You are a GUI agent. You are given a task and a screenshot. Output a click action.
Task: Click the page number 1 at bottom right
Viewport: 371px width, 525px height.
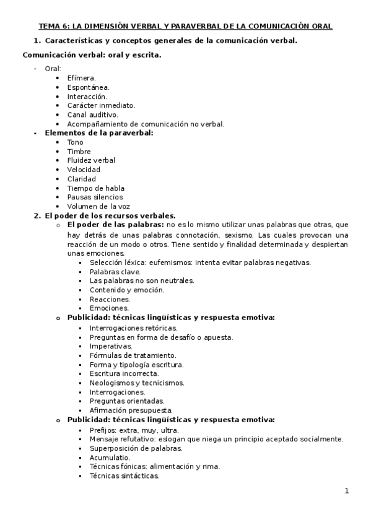click(347, 491)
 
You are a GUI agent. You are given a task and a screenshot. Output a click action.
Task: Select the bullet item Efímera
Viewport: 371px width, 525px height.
click(82, 78)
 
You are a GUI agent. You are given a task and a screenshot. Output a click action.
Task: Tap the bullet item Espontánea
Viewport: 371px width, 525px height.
click(88, 87)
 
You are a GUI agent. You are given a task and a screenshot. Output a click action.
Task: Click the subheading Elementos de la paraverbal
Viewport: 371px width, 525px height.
click(99, 133)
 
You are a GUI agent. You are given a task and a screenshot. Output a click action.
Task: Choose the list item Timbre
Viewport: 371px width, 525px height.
click(79, 152)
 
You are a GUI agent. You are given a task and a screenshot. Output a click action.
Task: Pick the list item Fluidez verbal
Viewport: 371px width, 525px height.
click(91, 160)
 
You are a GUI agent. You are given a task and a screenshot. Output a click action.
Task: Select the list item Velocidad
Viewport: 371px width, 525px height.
click(84, 170)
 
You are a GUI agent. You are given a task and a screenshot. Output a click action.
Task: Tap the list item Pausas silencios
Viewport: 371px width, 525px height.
click(95, 197)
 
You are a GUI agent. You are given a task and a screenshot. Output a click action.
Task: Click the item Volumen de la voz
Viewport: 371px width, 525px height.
click(98, 206)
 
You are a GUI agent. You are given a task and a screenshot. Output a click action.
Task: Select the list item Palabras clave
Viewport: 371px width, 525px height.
click(115, 272)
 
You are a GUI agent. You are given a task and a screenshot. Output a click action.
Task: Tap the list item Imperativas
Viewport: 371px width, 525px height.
click(111, 346)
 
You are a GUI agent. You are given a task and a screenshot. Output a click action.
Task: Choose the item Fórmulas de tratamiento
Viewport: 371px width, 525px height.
click(133, 355)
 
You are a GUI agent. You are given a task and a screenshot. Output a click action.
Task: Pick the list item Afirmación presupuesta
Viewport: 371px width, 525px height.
click(131, 410)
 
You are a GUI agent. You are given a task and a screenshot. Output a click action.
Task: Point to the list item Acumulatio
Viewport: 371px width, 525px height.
click(110, 458)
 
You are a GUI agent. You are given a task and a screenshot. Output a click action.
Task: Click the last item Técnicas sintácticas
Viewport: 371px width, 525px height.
click(124, 475)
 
